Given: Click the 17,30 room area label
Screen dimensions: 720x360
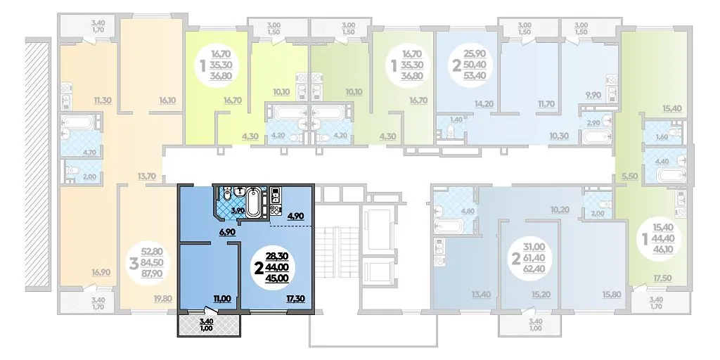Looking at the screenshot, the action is click(x=295, y=298).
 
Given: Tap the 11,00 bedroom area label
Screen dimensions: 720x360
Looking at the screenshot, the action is click(x=221, y=298).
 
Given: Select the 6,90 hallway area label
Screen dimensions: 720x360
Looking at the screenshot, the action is click(x=227, y=232).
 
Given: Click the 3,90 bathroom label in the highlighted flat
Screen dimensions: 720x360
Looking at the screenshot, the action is click(x=237, y=210).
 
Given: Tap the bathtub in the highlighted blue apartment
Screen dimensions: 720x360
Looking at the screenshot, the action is click(x=254, y=202).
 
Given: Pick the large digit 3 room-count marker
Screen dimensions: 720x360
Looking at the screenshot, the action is click(x=134, y=264).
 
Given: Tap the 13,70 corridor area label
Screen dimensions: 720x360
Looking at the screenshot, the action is click(x=147, y=175).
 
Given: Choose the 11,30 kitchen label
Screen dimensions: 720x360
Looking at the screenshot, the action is click(x=103, y=100).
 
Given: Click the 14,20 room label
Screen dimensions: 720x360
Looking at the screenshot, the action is click(x=484, y=104).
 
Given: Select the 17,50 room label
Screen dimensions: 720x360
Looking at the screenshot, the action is click(x=671, y=278).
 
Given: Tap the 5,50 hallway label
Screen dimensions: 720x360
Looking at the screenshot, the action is click(x=630, y=175).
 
